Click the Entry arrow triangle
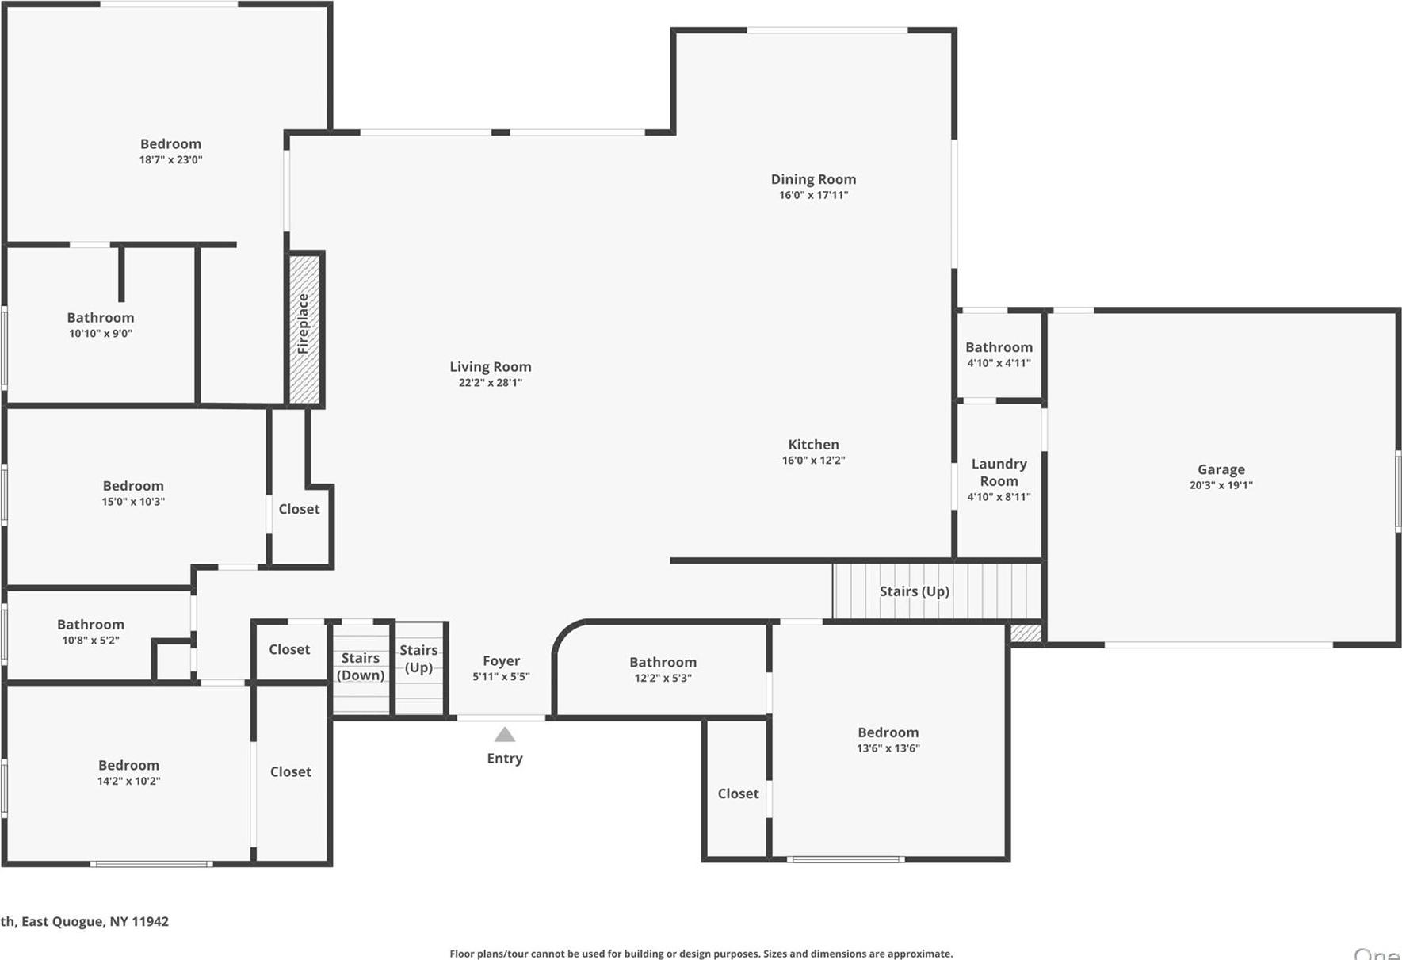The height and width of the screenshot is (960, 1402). [505, 735]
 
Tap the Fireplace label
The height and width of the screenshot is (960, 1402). [303, 323]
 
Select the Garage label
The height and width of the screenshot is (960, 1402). [1221, 469]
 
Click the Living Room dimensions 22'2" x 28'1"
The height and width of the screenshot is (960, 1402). [490, 383]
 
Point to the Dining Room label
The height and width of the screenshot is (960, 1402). [813, 179]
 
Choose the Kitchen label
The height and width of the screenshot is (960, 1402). [813, 445]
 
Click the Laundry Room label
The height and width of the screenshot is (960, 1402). [999, 472]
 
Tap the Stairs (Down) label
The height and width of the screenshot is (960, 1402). [361, 667]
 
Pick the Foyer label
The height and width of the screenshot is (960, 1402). [501, 661]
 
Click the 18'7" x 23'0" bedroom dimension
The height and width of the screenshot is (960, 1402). [170, 160]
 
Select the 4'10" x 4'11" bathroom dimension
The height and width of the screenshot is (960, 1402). [999, 363]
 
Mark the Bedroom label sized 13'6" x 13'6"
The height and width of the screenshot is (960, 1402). [888, 732]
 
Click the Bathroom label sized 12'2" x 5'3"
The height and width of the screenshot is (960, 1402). [663, 662]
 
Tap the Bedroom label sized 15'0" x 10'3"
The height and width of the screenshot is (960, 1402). [133, 486]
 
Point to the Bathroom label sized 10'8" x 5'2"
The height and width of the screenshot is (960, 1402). [90, 625]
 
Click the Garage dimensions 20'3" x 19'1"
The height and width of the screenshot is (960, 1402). [1221, 485]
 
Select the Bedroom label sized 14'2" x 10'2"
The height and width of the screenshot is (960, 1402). [128, 765]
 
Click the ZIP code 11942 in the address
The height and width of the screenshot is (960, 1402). [150, 921]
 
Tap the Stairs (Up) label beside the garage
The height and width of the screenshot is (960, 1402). [914, 591]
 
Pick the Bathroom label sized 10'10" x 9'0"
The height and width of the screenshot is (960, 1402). [100, 318]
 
